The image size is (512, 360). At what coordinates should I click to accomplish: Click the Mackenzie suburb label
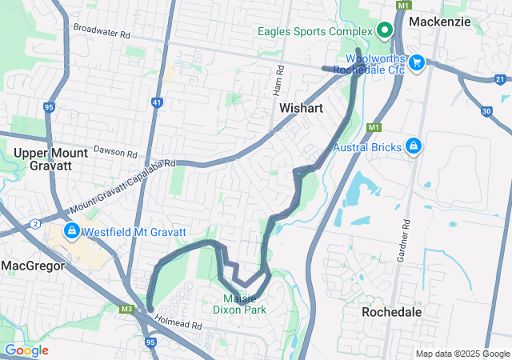coord(440,22)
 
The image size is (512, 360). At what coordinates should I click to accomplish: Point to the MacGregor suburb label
coord(33,265)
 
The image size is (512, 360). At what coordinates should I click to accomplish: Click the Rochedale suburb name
coord(392,312)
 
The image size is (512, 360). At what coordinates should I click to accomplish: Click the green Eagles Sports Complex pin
coord(384,31)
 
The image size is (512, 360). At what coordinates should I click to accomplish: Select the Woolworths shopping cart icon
coord(416,62)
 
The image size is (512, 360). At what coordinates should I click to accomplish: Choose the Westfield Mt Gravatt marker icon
coord(71,232)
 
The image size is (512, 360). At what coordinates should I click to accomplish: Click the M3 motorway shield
coord(126,309)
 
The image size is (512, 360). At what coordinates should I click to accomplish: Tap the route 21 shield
coord(500,79)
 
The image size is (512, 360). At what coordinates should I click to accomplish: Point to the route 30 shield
coord(486,111)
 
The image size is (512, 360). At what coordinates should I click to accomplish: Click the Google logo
coord(27,350)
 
